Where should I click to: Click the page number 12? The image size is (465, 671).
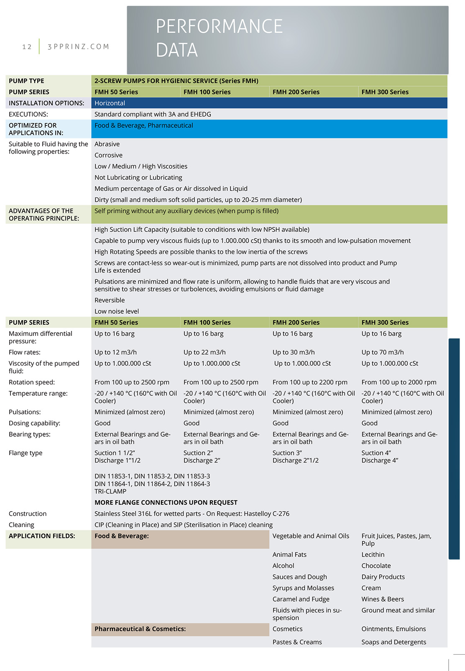27,47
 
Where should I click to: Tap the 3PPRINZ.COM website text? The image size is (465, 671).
78,47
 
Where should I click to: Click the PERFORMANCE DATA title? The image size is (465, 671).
219,38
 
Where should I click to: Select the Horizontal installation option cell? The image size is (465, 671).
110,103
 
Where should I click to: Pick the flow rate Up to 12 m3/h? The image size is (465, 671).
115,352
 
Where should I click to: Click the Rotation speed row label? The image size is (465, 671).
32,382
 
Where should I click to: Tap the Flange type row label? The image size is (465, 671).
26,453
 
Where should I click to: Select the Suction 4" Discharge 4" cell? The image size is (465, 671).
380,456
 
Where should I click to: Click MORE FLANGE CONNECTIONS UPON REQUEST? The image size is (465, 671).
166,502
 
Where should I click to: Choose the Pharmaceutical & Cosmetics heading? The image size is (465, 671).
140,629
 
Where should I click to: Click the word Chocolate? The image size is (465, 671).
376,566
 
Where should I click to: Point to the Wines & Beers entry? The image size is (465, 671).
383,599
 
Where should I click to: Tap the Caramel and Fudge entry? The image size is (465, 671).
301,599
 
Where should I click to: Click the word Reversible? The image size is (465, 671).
110,300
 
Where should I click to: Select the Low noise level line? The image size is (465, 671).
117,311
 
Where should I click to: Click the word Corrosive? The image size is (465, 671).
108,155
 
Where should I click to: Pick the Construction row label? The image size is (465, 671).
28,514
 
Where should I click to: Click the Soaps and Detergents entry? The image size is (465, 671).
393,642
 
